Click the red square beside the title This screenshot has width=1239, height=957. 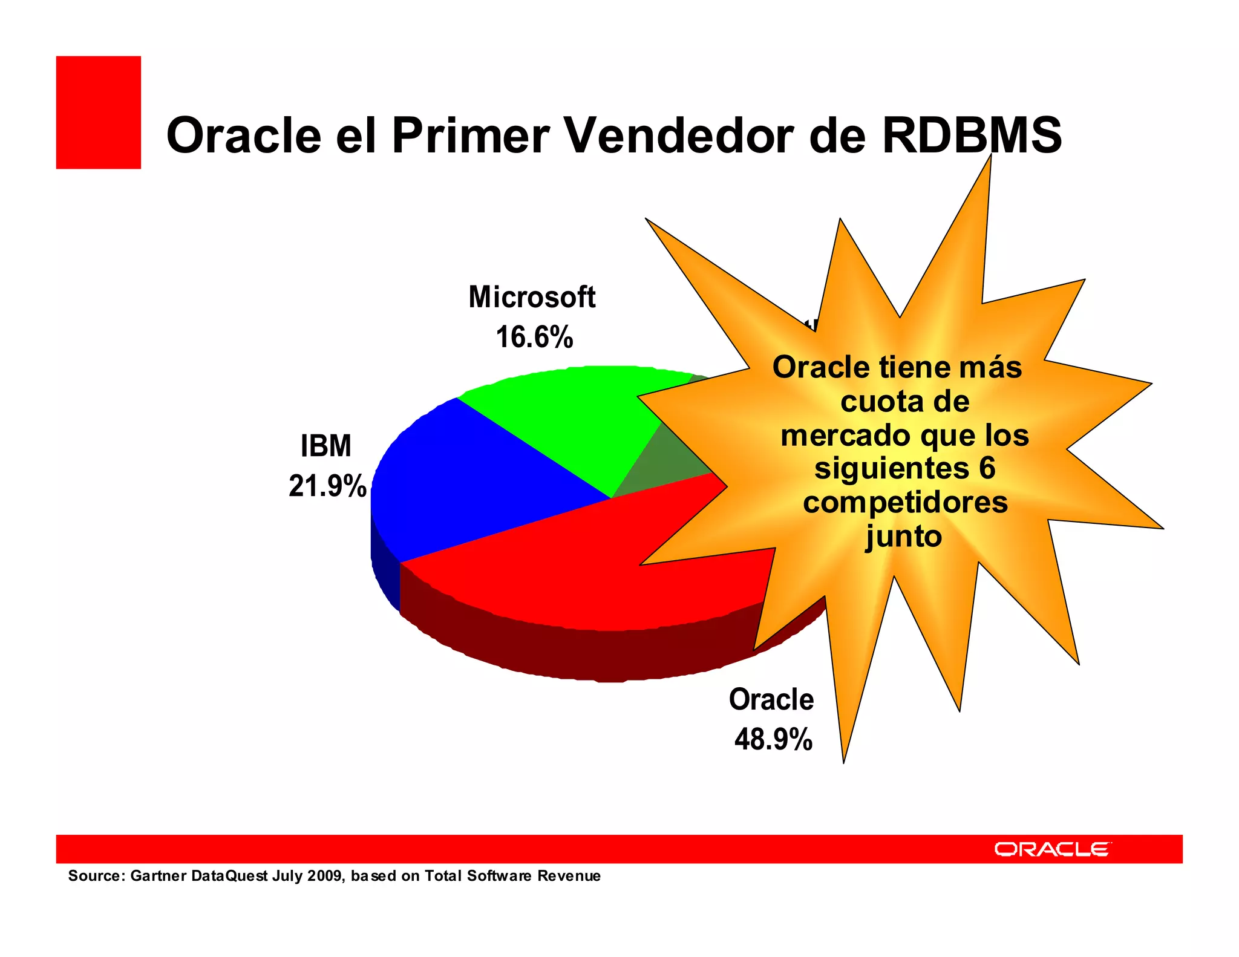click(98, 112)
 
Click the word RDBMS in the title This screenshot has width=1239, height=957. click(971, 135)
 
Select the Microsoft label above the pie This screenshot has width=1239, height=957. click(532, 297)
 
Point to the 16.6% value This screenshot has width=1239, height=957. click(534, 337)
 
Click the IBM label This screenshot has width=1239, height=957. click(325, 446)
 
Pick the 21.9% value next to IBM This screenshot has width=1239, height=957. click(327, 486)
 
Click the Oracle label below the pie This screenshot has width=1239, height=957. click(771, 700)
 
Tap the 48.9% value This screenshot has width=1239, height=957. click(773, 739)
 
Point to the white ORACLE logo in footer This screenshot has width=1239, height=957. click(1052, 849)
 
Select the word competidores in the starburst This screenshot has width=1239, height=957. click(905, 503)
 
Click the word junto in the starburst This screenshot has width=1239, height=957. click(903, 537)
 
